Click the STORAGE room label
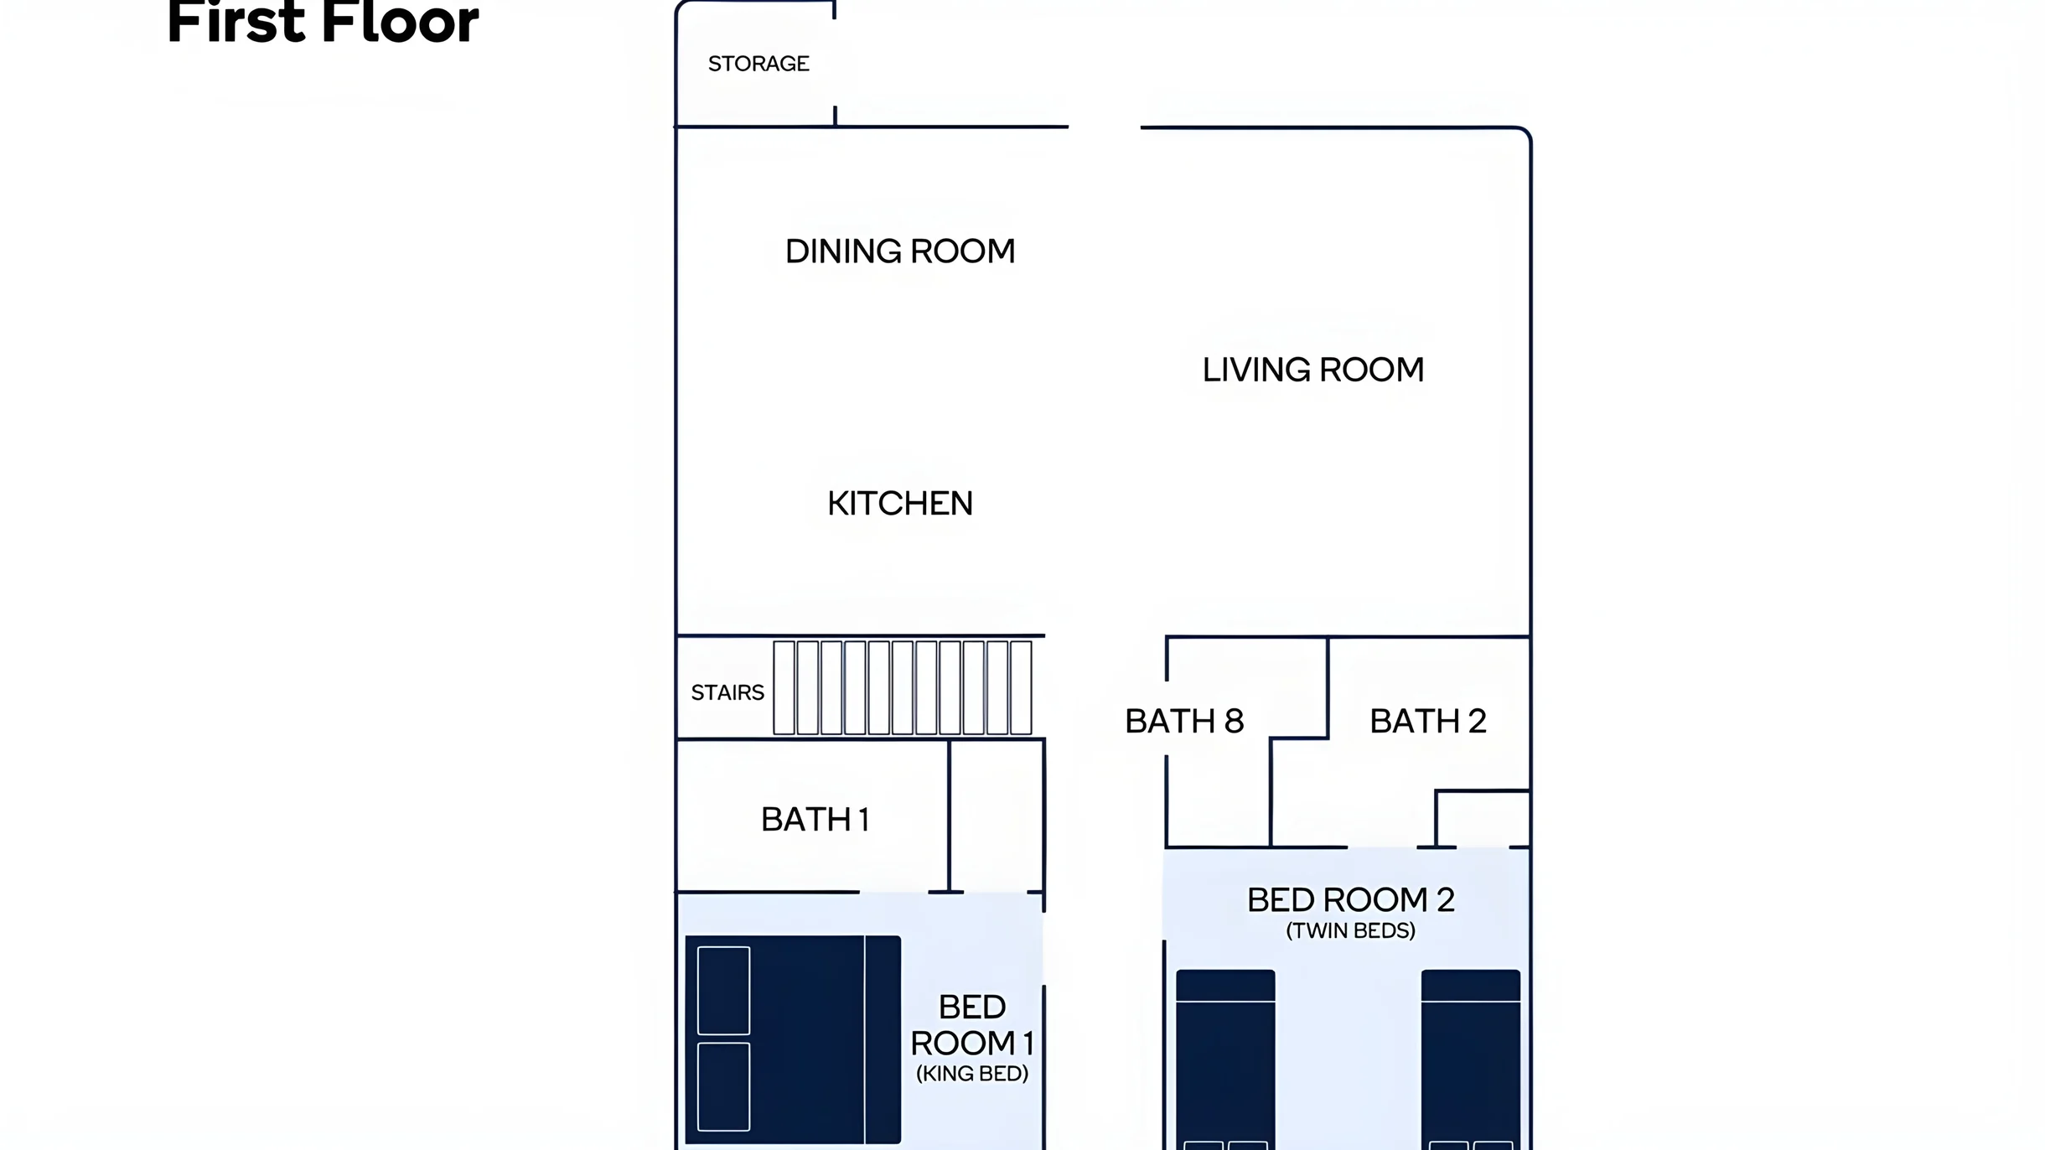[x=758, y=64]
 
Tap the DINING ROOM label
[x=900, y=251]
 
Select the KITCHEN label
[x=900, y=504]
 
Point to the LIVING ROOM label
[x=1313, y=370]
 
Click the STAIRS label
[x=727, y=692]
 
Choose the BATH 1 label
[x=815, y=819]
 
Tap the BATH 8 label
[x=1184, y=721]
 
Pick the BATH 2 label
[x=1428, y=721]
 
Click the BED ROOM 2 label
[x=1351, y=899]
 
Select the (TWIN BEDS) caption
[x=1351, y=930]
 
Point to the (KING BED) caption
[x=972, y=1074]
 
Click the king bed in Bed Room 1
[x=793, y=1039]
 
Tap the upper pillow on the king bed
[x=724, y=991]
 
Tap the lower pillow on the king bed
[x=724, y=1087]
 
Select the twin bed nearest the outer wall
[x=1471, y=1059]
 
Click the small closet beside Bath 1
[x=997, y=816]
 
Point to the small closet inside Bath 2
[x=1483, y=819]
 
